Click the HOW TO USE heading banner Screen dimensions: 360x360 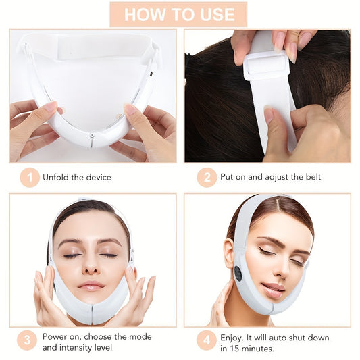(x=179, y=14)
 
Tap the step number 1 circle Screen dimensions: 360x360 (x=29, y=178)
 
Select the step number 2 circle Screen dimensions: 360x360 (x=207, y=178)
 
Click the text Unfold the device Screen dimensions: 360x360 (x=77, y=178)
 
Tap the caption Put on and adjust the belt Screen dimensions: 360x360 (x=270, y=178)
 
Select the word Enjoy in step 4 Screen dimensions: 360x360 (x=232, y=336)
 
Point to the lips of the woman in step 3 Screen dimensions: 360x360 (x=91, y=285)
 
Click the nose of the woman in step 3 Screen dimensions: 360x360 (x=91, y=267)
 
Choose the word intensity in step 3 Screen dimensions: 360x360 (x=83, y=349)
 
